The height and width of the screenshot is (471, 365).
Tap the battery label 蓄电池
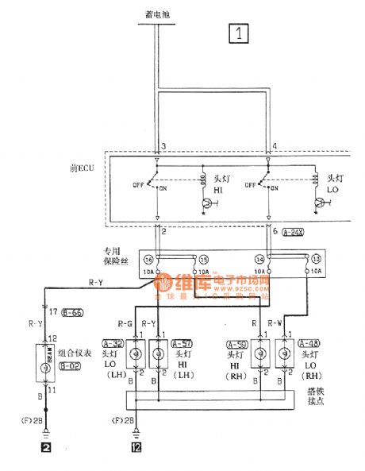click(x=159, y=14)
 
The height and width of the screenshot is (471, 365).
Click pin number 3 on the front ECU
click(x=163, y=147)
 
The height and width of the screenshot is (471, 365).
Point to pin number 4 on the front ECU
click(x=275, y=147)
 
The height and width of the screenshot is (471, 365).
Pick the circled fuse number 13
click(x=316, y=260)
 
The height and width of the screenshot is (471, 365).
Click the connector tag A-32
click(x=113, y=343)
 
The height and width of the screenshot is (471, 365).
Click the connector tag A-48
click(x=309, y=343)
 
